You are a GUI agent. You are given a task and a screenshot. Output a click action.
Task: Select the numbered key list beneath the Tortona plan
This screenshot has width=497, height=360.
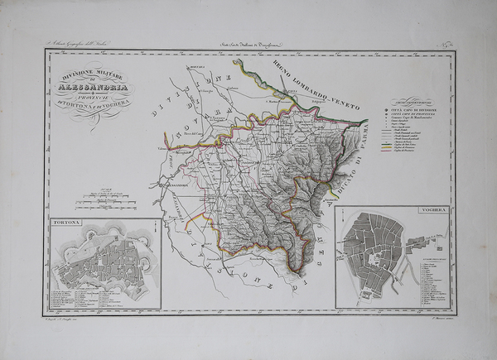click(x=104, y=295)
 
